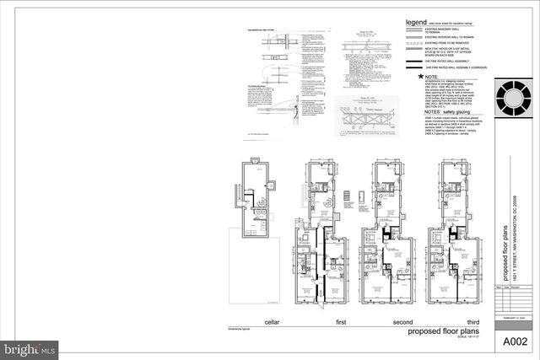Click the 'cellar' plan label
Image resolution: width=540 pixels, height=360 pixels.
pos(248,322)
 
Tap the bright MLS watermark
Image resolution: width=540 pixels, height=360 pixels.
pos(30,347)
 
